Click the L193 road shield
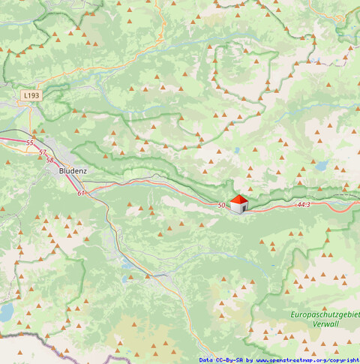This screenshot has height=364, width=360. click(x=31, y=96)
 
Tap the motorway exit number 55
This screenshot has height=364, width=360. click(x=30, y=143)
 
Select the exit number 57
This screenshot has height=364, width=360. click(x=43, y=152)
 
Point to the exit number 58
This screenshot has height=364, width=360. click(x=50, y=160)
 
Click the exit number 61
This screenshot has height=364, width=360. click(x=81, y=193)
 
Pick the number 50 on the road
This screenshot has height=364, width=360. click(x=221, y=205)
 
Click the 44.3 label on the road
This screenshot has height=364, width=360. click(x=304, y=204)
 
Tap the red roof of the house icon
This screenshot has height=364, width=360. click(x=238, y=200)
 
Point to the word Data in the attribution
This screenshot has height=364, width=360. click(x=207, y=360)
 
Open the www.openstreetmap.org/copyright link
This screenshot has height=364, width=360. click(x=308, y=360)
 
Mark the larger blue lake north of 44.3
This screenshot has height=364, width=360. click(x=322, y=166)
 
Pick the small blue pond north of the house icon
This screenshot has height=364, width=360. click(x=237, y=150)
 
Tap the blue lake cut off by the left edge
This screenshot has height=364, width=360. click(x=5, y=311)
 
